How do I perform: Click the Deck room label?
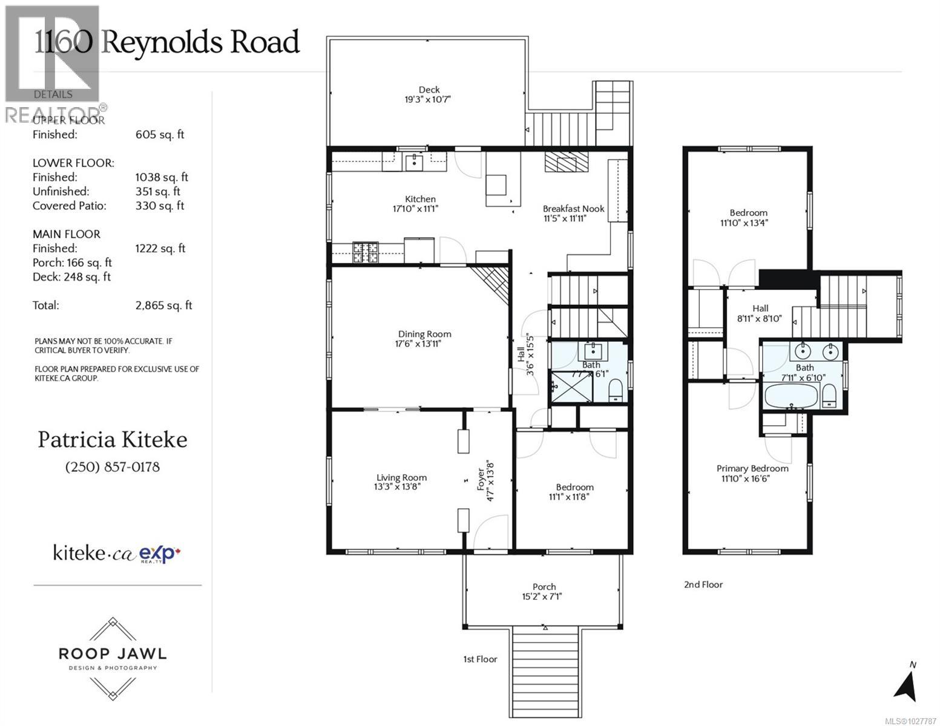tap(429, 90)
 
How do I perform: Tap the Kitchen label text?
tap(420, 199)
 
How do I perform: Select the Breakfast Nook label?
tap(574, 209)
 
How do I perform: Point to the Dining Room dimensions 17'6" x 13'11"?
tap(424, 344)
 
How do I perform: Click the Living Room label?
tap(401, 478)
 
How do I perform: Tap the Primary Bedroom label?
tap(752, 468)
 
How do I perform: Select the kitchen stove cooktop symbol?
tap(366, 252)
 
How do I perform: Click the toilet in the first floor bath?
tap(616, 391)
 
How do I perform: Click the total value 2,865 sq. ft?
tap(163, 306)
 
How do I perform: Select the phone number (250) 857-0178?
tap(113, 467)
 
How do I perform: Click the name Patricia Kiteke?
tap(113, 440)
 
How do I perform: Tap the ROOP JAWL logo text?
tap(113, 654)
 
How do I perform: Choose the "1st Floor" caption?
tap(480, 659)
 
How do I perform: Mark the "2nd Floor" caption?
tap(703, 584)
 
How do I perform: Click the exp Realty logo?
tap(160, 554)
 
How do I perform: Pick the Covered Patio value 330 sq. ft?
tap(160, 206)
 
